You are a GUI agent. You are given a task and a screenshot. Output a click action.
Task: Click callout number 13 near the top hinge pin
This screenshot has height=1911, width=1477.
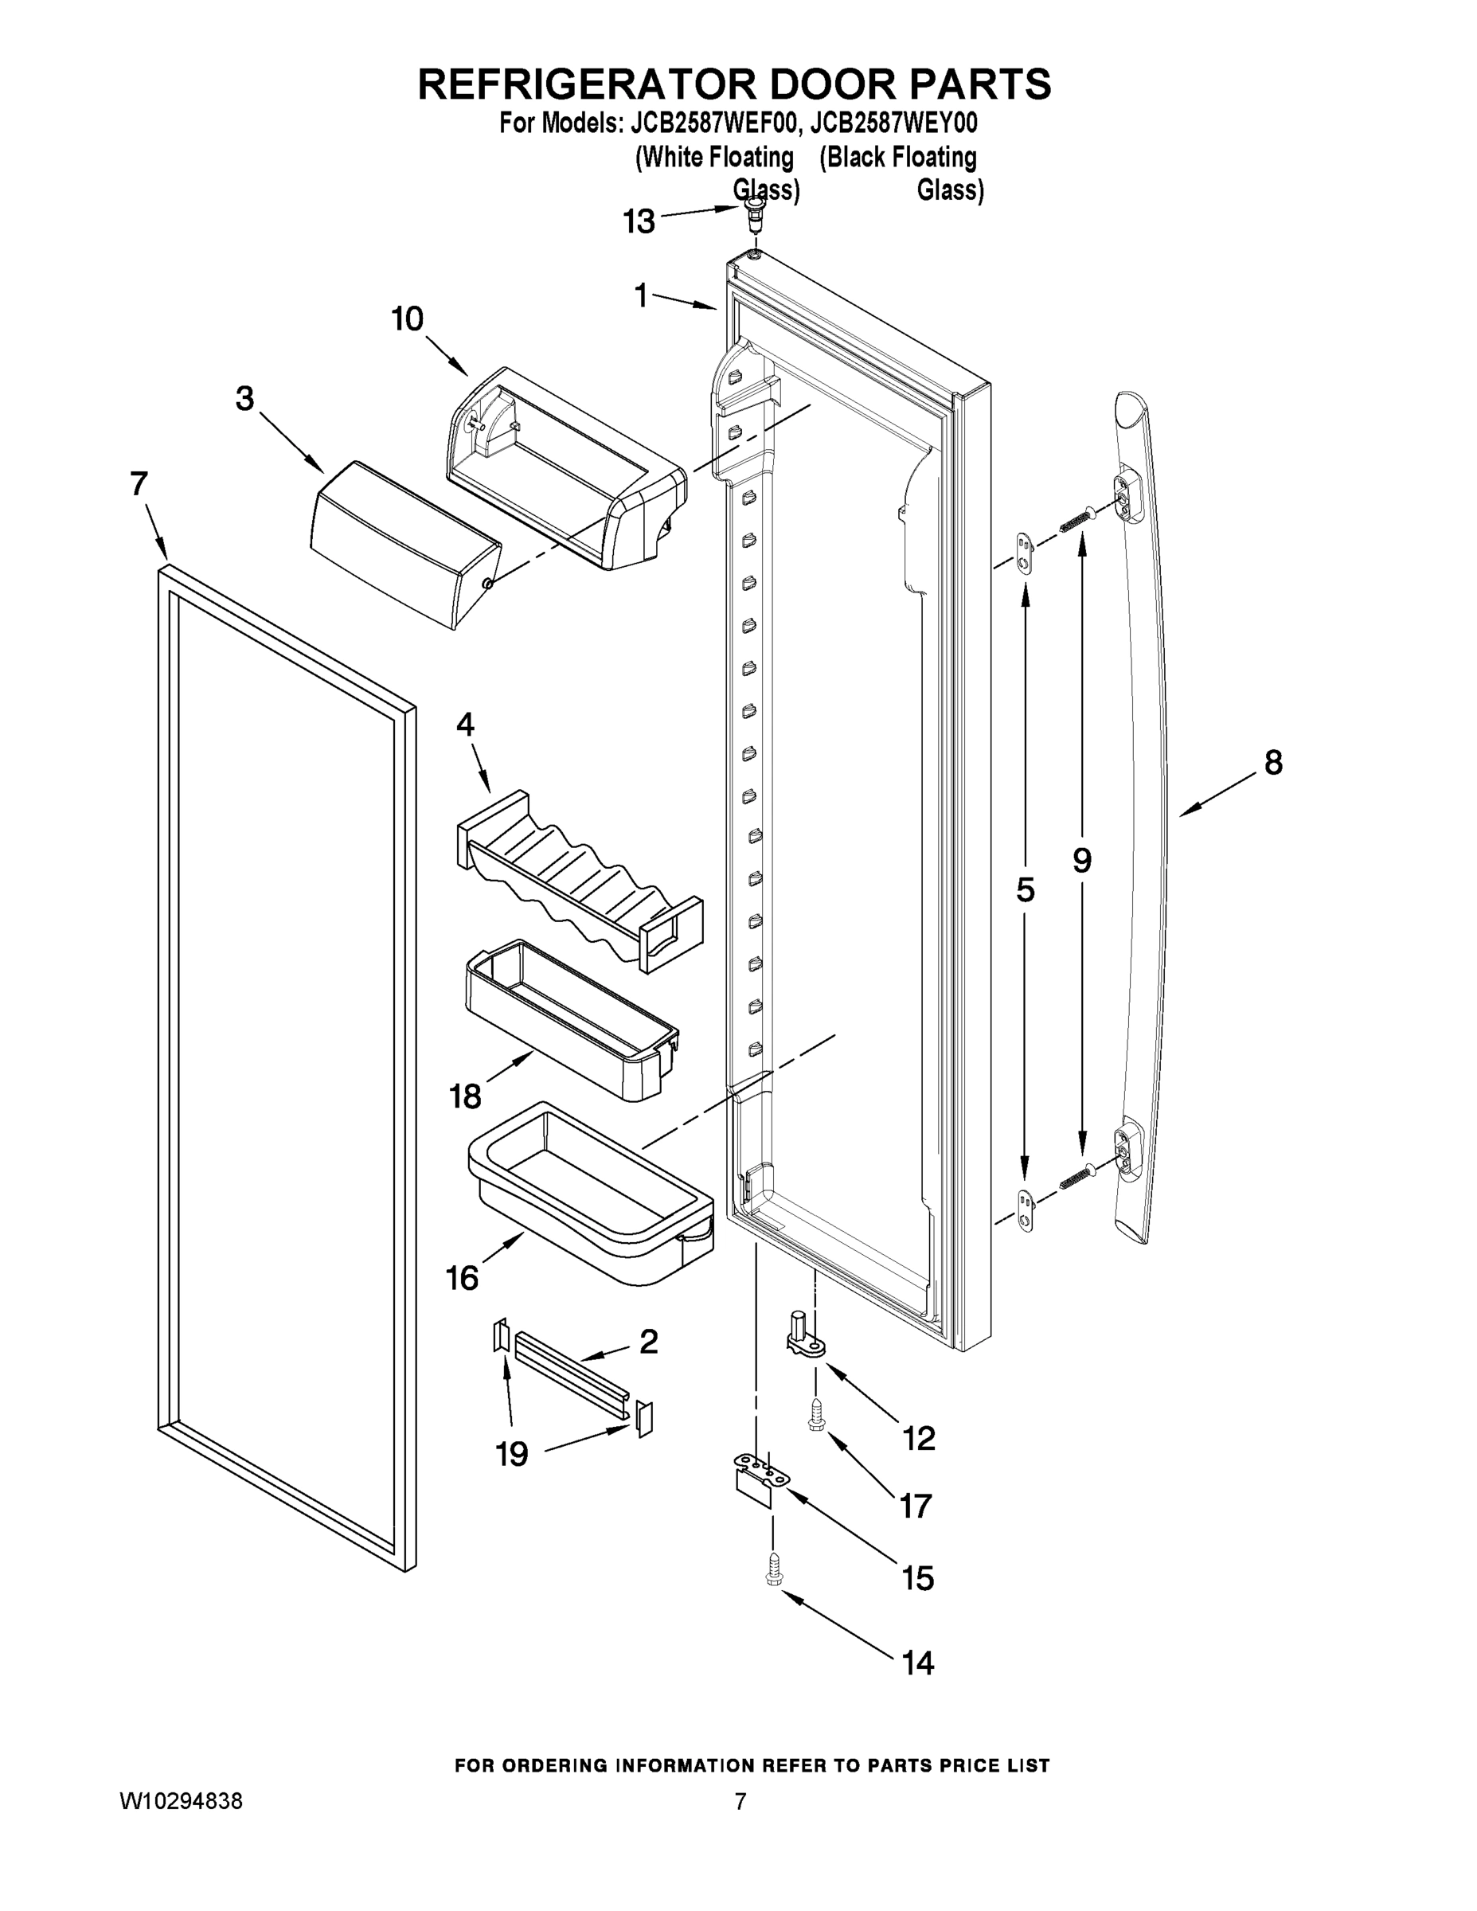[639, 222]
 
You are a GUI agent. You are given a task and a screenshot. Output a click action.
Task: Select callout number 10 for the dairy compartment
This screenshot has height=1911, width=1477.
[408, 319]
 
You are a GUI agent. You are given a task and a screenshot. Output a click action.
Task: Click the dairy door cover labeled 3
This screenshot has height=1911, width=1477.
[404, 543]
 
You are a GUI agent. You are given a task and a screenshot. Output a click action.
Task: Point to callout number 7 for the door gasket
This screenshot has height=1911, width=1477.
[139, 484]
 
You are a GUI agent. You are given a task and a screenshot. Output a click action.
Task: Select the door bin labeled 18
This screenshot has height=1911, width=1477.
[569, 1020]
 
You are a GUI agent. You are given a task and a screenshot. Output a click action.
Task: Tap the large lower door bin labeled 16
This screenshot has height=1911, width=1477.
[592, 1194]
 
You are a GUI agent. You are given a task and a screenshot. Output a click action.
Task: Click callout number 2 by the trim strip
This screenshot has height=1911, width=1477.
[648, 1341]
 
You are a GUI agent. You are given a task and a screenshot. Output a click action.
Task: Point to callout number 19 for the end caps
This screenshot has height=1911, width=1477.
[513, 1454]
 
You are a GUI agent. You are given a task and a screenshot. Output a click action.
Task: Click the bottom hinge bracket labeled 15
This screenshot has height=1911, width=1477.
[757, 1477]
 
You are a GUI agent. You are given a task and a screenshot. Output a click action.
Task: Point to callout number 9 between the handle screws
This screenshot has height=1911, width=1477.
[1082, 861]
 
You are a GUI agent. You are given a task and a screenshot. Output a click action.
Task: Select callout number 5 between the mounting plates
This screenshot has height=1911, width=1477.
[1026, 890]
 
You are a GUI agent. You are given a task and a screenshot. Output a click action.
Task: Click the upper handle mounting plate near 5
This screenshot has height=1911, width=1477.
[1026, 552]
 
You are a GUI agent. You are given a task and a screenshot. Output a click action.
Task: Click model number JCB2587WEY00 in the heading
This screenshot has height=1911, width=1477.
[893, 123]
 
